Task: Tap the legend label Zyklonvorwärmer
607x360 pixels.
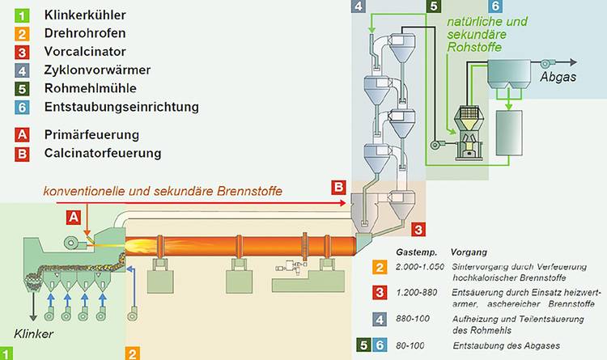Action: [91, 70]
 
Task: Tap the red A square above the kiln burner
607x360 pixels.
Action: [74, 217]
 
